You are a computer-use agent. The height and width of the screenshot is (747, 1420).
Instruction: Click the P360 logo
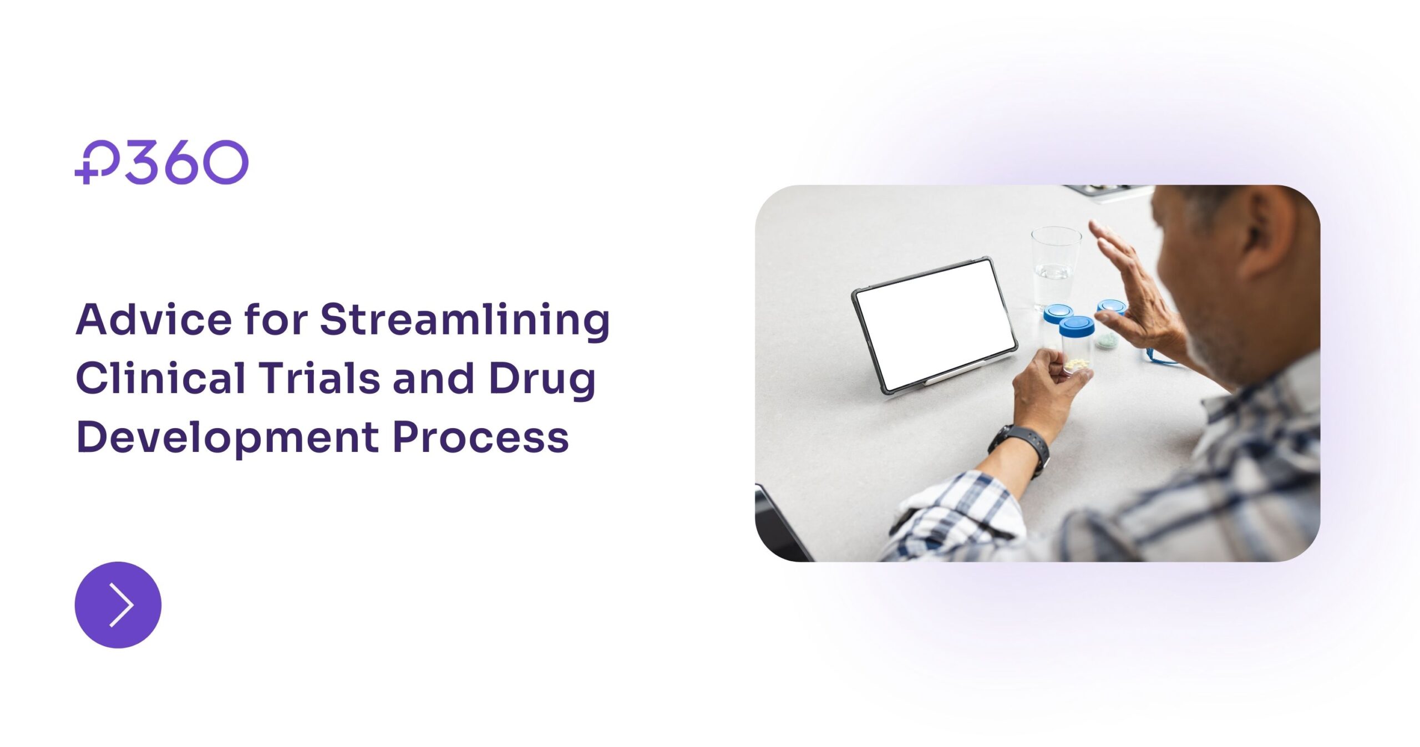(x=161, y=161)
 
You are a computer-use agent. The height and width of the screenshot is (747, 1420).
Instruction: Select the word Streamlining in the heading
(x=465, y=321)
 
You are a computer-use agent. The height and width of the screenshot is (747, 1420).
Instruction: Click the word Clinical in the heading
(x=160, y=379)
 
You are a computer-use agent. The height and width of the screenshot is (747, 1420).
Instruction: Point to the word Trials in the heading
(x=320, y=379)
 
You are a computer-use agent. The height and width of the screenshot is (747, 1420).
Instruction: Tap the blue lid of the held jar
(x=1076, y=326)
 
